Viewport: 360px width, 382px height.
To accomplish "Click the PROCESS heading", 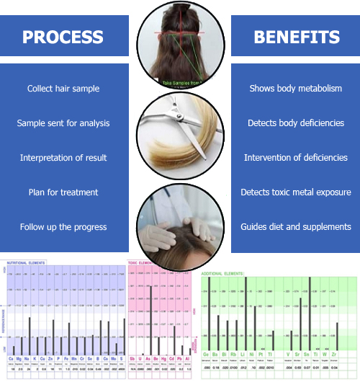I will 63,37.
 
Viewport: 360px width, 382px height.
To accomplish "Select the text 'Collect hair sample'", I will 63,89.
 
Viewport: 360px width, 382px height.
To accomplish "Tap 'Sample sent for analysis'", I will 63,123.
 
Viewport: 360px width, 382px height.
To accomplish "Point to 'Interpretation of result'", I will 63,158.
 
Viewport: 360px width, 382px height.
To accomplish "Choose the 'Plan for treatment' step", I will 63,192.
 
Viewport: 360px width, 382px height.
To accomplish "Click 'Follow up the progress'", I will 63,227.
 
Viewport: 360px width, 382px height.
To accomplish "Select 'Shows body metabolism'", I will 295,89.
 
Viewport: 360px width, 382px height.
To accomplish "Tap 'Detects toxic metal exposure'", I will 295,192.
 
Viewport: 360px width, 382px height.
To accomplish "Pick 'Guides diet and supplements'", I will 295,227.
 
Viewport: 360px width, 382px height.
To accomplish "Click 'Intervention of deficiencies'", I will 295,158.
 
